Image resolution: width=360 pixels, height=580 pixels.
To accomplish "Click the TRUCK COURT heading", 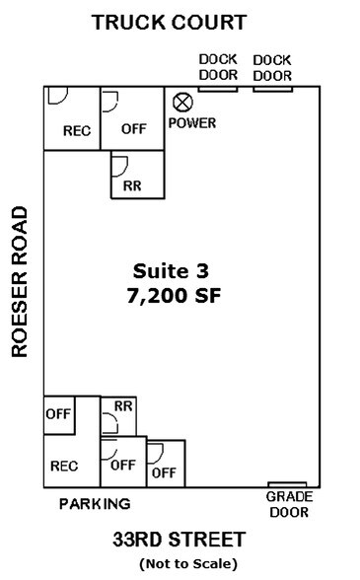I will click(x=182, y=22).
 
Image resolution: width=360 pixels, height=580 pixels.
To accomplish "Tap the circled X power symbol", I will click(x=182, y=102).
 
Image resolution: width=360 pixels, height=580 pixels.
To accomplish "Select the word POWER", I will click(x=191, y=123).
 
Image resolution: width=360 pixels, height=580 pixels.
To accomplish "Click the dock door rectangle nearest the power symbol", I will click(x=217, y=89).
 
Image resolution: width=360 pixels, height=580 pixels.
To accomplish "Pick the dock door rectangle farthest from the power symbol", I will click(x=272, y=89).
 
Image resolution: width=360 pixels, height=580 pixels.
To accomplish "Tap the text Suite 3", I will click(x=171, y=269).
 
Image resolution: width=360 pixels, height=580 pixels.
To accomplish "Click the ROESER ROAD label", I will click(x=19, y=281).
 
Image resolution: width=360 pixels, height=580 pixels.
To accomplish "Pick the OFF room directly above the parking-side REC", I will click(x=58, y=414).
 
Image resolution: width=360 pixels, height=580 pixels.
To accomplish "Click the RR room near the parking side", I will click(x=122, y=415).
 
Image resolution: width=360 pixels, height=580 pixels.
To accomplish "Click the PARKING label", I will click(x=95, y=504).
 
